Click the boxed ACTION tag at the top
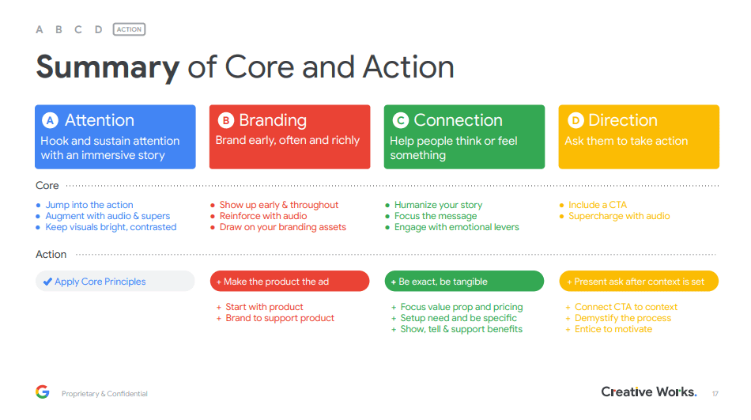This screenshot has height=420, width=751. [x=130, y=29]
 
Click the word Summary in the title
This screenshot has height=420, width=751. [x=108, y=67]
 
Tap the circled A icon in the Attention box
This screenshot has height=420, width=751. [x=50, y=120]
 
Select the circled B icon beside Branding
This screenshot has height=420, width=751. [x=226, y=120]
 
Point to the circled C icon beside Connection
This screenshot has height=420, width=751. [x=401, y=120]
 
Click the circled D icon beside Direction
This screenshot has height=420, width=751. [x=576, y=120]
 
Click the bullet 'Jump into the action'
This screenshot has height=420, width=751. [x=89, y=205]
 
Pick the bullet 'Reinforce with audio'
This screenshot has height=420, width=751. [x=263, y=216]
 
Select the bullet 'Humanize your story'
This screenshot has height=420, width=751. [x=438, y=205]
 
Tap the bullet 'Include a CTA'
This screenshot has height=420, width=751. [x=598, y=205]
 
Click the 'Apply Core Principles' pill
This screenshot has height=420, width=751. [x=115, y=281]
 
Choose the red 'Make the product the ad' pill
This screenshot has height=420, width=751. [x=290, y=281]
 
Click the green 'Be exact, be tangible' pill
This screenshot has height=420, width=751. [x=464, y=281]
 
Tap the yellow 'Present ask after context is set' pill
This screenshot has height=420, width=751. [x=639, y=281]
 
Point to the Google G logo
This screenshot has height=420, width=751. [x=43, y=392]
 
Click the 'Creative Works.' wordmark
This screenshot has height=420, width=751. [x=649, y=392]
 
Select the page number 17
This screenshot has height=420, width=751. [x=715, y=394]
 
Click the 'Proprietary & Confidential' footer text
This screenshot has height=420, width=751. [x=104, y=394]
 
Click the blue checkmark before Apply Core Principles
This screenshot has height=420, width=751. [x=47, y=282]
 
